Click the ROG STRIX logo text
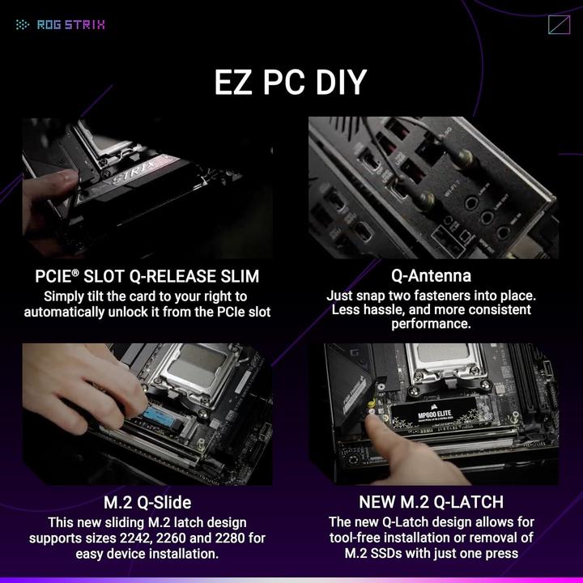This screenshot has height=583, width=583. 71,24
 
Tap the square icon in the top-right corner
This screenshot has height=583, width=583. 559,24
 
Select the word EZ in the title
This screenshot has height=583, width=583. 235,83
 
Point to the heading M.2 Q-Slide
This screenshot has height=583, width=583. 147,502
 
